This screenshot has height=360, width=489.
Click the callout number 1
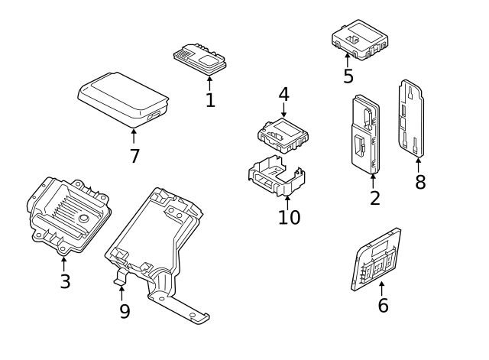click(x=210, y=99)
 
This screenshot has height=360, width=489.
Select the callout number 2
click(x=374, y=199)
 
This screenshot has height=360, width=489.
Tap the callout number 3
click(x=65, y=281)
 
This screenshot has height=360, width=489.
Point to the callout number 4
click(x=283, y=95)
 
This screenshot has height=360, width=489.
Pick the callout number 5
click(x=348, y=76)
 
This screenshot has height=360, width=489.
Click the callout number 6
click(x=383, y=305)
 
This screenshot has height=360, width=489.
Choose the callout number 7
click(x=134, y=157)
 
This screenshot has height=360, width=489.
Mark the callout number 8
click(x=419, y=183)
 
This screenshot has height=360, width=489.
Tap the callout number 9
click(x=125, y=311)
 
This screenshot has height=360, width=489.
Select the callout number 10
click(x=289, y=218)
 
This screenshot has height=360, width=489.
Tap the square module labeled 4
click(x=283, y=134)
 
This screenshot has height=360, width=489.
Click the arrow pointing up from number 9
click(x=121, y=293)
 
